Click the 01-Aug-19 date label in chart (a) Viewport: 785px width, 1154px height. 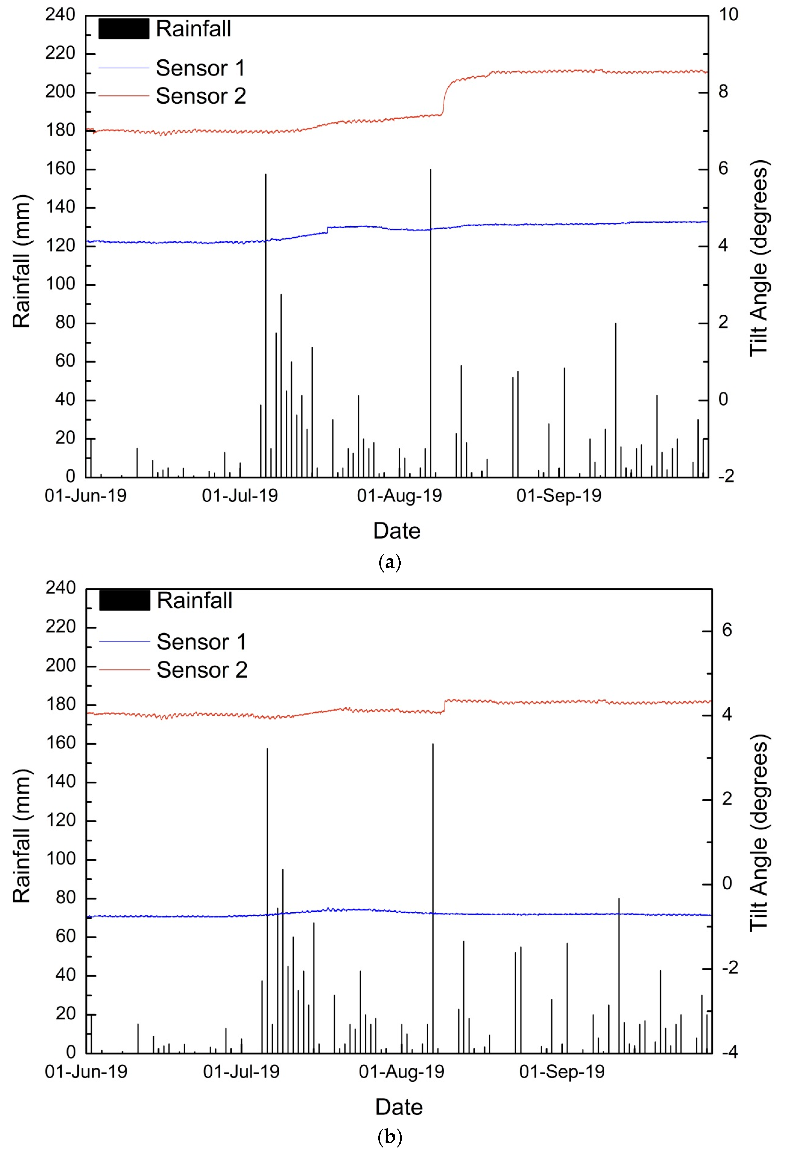point(399,496)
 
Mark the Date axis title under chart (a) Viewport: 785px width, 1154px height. point(397,531)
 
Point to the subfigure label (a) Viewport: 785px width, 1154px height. point(389,563)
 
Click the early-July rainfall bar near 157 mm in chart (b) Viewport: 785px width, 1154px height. point(267,894)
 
